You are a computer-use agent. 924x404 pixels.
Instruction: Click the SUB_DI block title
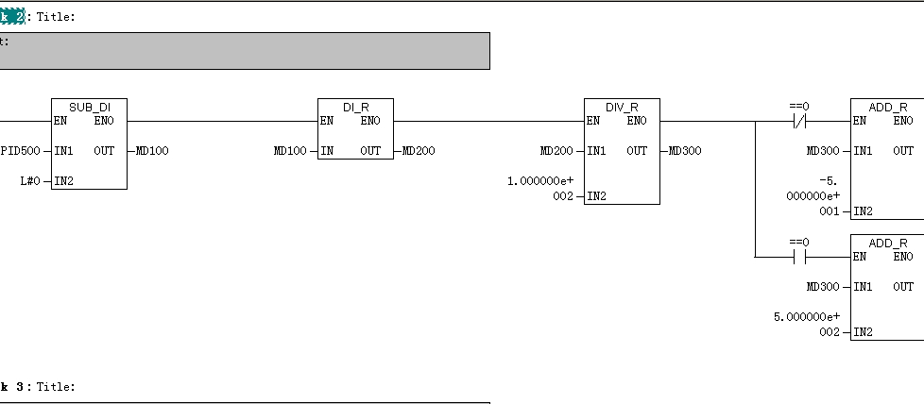(x=89, y=107)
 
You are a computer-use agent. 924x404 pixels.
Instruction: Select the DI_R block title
(x=355, y=107)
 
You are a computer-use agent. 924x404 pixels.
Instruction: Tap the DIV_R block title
(x=622, y=107)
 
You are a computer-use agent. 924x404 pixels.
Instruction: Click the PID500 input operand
(x=20, y=150)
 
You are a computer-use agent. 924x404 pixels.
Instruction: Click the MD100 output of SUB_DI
(x=152, y=150)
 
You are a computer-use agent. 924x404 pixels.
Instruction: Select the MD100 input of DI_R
(x=290, y=150)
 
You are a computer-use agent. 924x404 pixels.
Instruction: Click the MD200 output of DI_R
(x=419, y=150)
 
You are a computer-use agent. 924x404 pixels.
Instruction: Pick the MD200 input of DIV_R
(x=556, y=150)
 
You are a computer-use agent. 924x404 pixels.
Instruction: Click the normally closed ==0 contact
(x=800, y=121)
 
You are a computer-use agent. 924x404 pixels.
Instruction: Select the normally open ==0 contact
(x=800, y=257)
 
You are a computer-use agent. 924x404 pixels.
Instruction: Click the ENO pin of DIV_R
(x=637, y=120)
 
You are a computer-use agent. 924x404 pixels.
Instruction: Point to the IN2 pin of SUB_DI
(x=64, y=180)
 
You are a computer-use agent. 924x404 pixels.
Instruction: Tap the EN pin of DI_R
(x=326, y=120)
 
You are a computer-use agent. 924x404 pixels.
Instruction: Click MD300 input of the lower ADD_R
(x=823, y=286)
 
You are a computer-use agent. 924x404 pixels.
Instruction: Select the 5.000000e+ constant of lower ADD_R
(x=809, y=316)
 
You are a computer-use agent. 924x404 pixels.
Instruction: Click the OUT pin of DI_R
(x=370, y=150)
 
